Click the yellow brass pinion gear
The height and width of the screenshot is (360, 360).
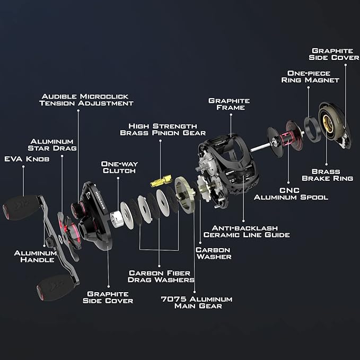click(161, 181)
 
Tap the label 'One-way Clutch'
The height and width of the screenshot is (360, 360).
click(119, 167)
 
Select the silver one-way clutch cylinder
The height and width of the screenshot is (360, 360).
click(117, 219)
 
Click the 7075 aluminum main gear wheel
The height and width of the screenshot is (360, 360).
click(185, 195)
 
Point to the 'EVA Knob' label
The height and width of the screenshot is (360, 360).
click(27, 159)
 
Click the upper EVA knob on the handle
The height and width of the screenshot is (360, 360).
click(22, 207)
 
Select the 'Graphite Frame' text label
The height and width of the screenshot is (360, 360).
click(229, 104)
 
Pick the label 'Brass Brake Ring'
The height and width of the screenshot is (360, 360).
click(327, 175)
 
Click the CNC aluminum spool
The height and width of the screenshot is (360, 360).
click(285, 139)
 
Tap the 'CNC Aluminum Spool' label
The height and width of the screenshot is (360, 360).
click(291, 194)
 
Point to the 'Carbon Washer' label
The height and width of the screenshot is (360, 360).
click(214, 253)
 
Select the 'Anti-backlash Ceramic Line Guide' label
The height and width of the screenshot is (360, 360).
click(247, 231)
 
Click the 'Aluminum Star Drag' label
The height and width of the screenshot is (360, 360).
click(52, 145)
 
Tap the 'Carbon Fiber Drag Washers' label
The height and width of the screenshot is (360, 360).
click(161, 276)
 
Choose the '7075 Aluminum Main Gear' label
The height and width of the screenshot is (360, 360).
click(197, 303)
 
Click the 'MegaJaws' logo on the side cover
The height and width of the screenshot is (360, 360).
click(100, 200)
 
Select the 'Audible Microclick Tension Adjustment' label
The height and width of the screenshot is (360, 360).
click(86, 100)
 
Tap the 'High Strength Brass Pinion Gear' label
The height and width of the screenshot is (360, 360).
click(163, 129)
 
